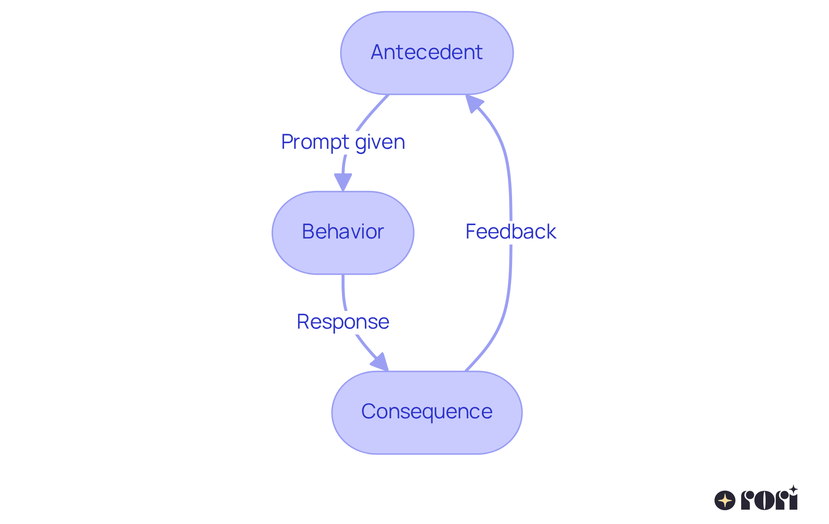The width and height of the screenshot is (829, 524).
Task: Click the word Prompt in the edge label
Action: [315, 142]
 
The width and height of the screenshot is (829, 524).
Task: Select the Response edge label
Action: [343, 322]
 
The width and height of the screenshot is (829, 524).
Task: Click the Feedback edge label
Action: [510, 232]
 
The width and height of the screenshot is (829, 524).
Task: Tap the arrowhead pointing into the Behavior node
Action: [343, 182]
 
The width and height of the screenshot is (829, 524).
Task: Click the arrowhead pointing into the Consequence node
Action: [380, 362]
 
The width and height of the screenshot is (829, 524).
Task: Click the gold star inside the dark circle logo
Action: [725, 501]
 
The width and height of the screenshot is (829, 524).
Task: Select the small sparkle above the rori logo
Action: [793, 489]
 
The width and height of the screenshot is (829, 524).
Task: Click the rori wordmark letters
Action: [769, 501]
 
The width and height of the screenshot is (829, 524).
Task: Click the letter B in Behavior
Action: [308, 232]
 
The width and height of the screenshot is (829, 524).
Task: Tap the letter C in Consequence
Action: [370, 411]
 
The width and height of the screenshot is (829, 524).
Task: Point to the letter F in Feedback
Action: [471, 232]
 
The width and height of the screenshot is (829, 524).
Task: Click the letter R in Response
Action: [303, 322]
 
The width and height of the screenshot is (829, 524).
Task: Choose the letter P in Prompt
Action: [287, 142]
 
